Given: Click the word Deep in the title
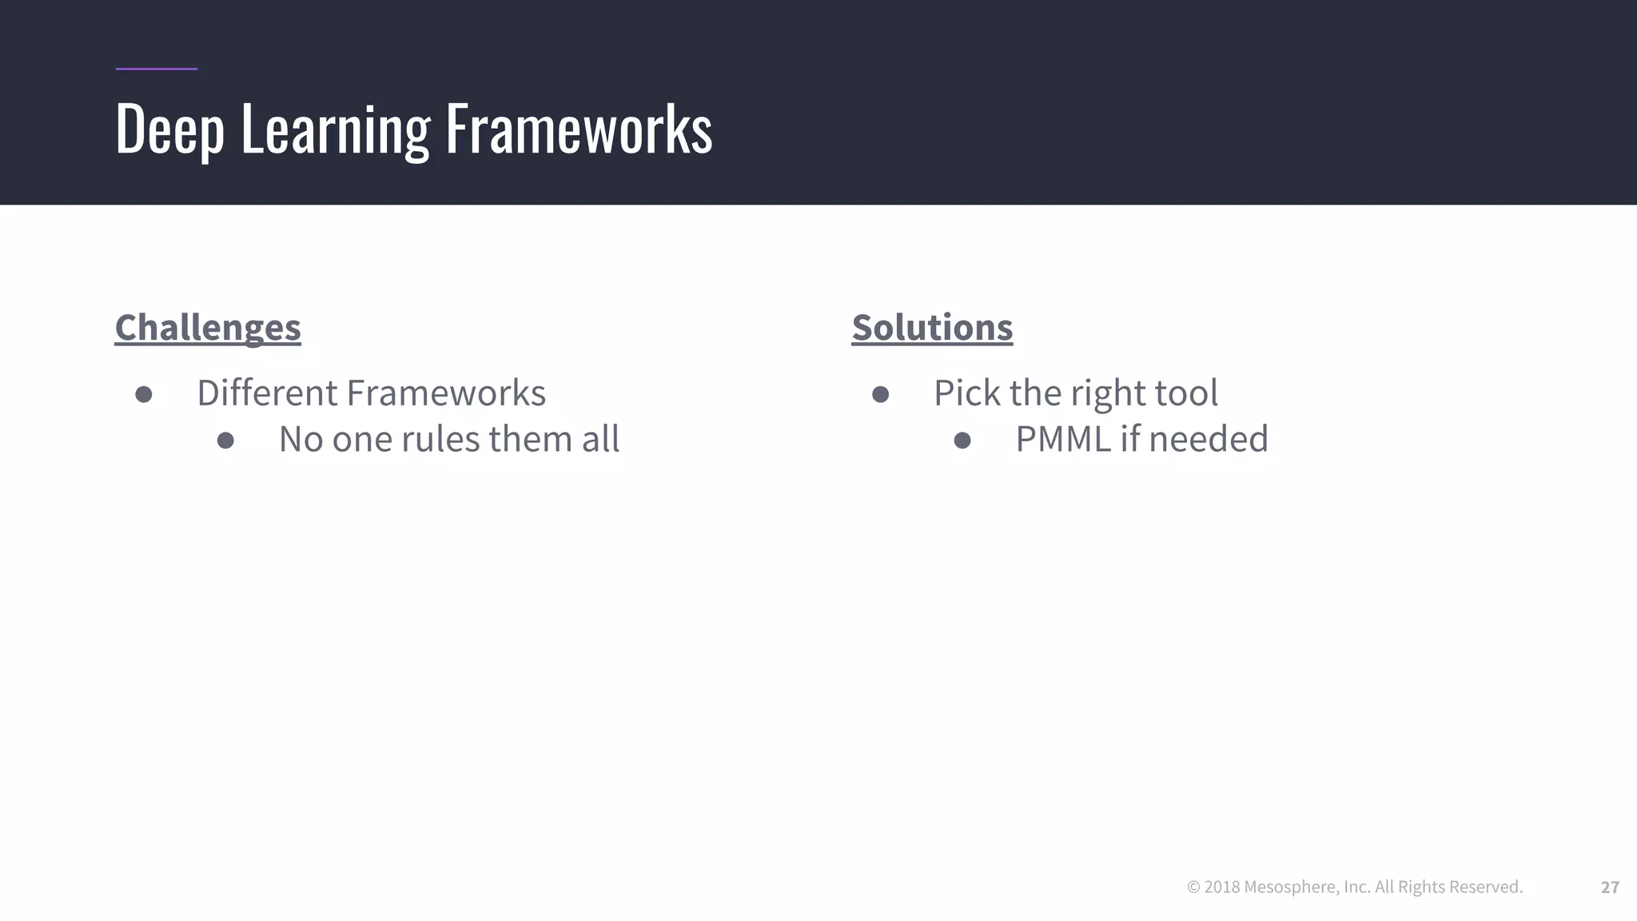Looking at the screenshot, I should [x=169, y=130].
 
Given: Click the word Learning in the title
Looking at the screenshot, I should [x=335, y=130].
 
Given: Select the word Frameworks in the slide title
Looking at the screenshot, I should [x=578, y=130].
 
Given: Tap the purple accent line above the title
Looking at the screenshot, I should [x=156, y=69].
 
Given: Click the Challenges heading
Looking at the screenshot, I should [x=208, y=328].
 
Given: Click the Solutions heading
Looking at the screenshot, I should [x=932, y=328].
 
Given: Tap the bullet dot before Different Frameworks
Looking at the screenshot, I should [x=144, y=394].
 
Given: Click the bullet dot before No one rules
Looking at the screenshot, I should [x=225, y=441].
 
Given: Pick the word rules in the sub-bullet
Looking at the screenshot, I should [x=441, y=440].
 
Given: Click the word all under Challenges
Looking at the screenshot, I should [x=600, y=440].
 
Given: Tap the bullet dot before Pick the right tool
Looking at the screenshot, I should [x=880, y=394].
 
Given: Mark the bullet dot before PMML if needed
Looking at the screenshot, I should [x=962, y=441].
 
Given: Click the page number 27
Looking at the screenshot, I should [x=1610, y=887].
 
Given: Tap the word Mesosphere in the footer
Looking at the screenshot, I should [x=1291, y=887].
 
